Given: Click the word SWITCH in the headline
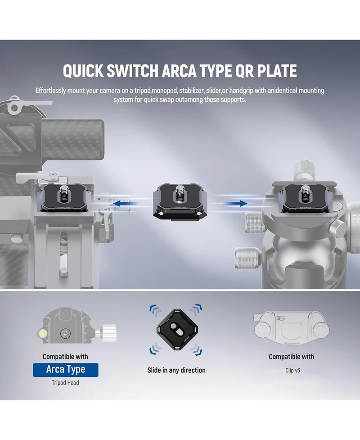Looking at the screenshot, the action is (x=132, y=71).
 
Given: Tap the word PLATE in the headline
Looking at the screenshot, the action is (x=277, y=71).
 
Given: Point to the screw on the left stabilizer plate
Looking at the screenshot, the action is (x=63, y=192).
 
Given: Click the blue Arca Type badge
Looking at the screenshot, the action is (x=66, y=370).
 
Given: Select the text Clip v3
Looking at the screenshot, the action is (x=292, y=370).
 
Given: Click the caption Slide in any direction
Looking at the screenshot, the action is (x=176, y=370).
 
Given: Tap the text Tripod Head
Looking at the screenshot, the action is (x=65, y=383).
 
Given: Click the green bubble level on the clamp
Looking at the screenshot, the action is (x=43, y=334).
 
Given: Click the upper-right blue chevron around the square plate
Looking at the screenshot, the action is (x=196, y=309).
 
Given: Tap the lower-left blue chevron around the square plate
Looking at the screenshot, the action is (x=155, y=349).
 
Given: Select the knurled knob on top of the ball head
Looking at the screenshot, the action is (x=304, y=170).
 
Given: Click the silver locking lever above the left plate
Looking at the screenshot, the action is (x=37, y=177).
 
